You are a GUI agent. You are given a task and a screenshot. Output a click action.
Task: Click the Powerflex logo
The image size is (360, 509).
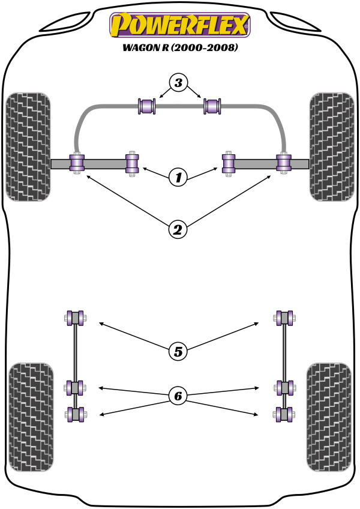click(180, 25)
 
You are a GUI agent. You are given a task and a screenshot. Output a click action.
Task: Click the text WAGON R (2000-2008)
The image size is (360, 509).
click(180, 47)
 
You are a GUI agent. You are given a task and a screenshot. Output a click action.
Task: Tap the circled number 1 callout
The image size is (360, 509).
click(178, 177)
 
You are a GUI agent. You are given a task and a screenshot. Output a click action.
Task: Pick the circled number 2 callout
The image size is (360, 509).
click(178, 230)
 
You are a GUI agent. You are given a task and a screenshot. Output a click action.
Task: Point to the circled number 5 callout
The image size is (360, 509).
click(178, 351)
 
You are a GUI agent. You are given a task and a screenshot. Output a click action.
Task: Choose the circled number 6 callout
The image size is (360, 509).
click(178, 396)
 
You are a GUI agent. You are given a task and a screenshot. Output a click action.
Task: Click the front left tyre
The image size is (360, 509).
click(28, 146)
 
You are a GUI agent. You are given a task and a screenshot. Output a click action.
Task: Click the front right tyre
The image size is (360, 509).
click(332, 146)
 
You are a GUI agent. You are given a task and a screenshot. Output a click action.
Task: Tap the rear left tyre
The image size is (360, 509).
click(31, 417)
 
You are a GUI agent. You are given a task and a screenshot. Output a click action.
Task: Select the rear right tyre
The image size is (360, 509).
click(329, 417)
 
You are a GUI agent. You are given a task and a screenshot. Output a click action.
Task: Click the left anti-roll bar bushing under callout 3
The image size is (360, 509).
click(147, 106)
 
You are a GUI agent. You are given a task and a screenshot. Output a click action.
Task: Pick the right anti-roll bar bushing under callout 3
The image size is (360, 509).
click(212, 106)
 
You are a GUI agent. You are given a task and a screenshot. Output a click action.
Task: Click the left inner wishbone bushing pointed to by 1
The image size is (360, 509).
click(132, 164)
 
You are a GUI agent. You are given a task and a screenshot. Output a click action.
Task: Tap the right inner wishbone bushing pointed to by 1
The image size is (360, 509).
click(229, 164)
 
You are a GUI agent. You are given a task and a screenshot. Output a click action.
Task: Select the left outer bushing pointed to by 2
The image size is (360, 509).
click(77, 163)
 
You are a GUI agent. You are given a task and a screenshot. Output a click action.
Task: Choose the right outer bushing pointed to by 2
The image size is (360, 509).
click(284, 163)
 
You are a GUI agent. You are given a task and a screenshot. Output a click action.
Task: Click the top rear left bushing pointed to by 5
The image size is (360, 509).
click(75, 318)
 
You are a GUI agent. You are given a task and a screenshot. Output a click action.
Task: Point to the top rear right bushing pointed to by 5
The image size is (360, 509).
click(284, 318)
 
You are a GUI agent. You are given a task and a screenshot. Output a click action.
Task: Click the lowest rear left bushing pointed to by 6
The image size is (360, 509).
click(76, 414)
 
